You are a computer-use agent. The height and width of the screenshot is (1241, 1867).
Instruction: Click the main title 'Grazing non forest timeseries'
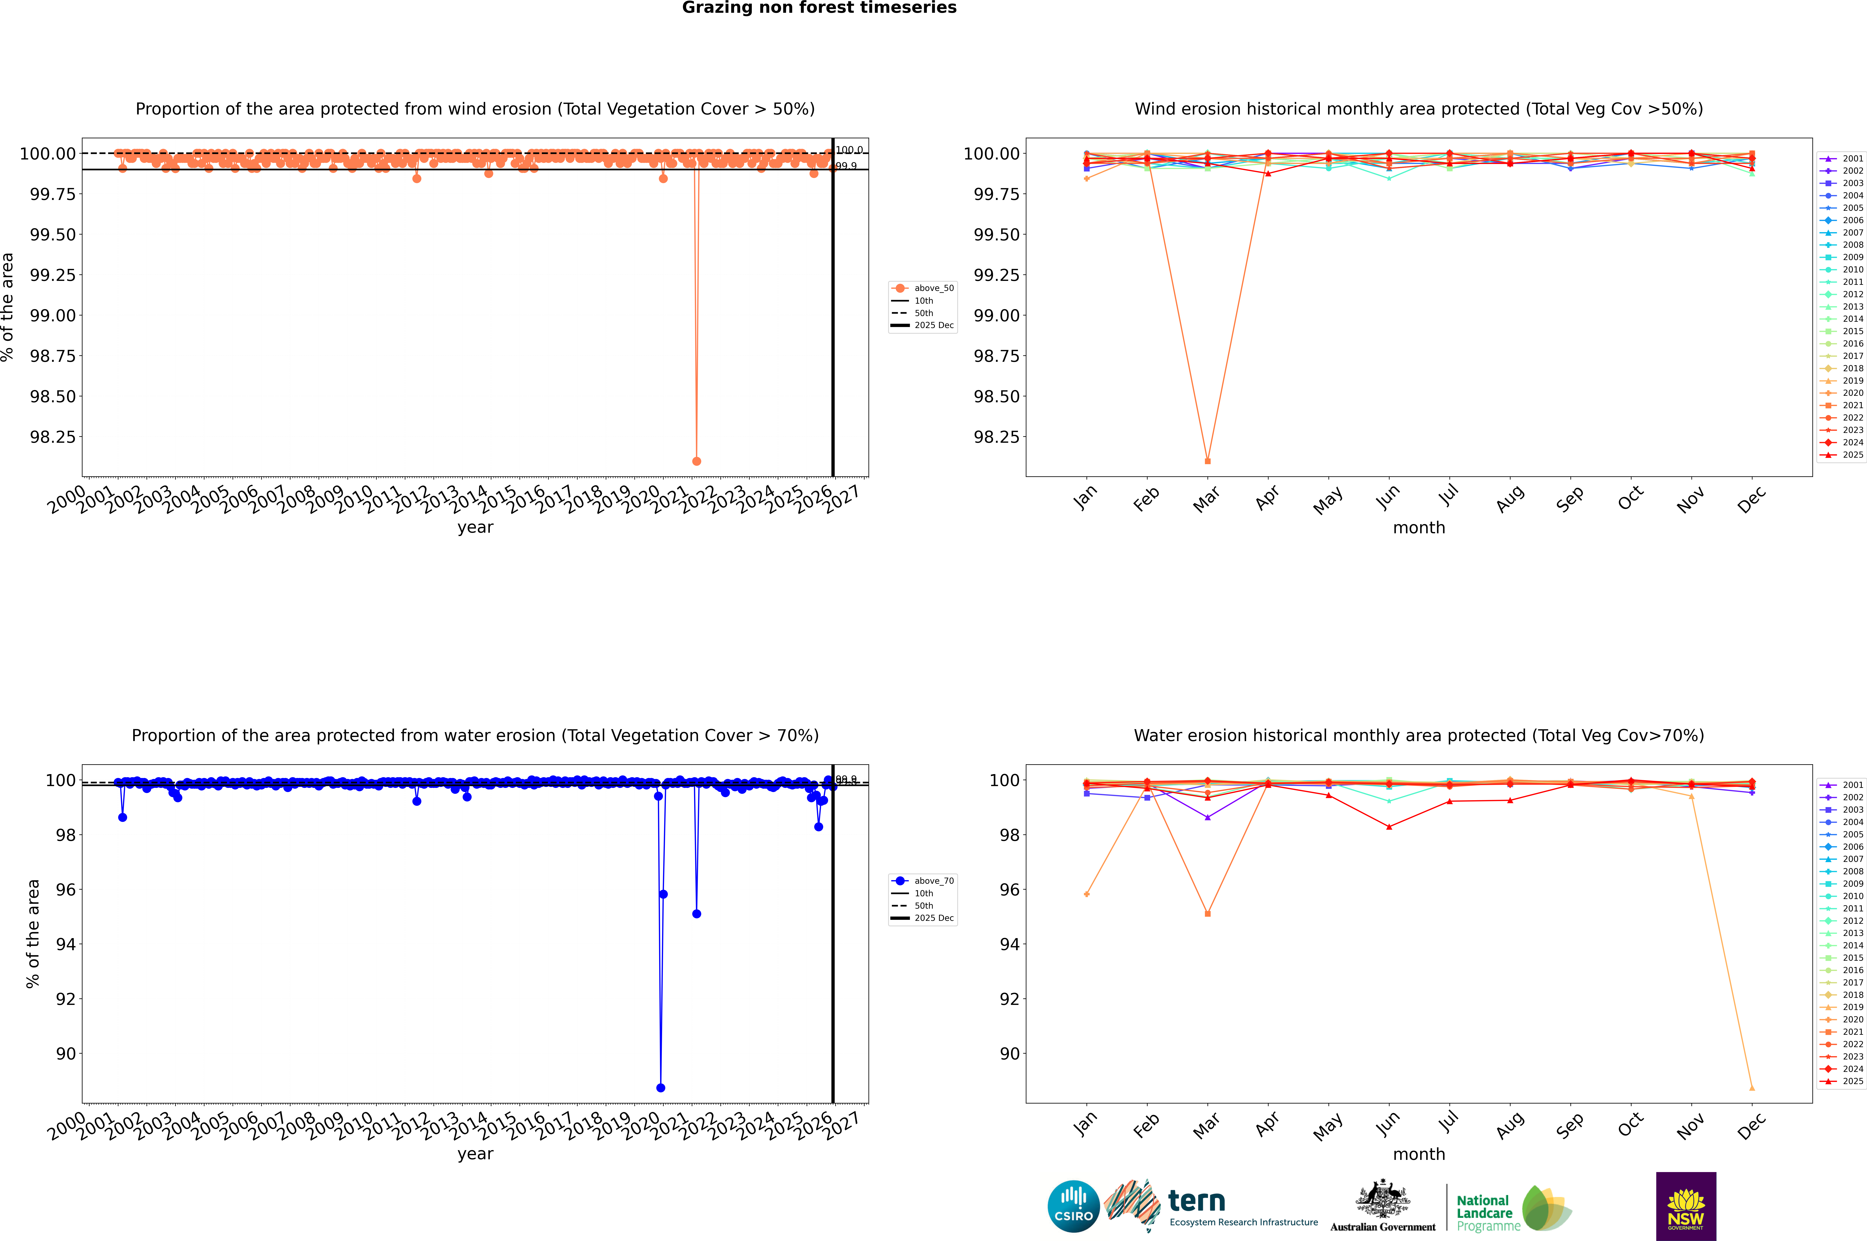click(819, 8)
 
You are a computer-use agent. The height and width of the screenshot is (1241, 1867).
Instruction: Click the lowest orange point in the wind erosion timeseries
click(696, 461)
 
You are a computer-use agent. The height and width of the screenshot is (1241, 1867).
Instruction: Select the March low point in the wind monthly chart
click(1207, 461)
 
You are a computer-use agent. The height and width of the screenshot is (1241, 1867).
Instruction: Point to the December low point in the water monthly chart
click(1752, 1087)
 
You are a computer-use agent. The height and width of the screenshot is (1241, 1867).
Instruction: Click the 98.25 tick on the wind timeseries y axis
click(53, 437)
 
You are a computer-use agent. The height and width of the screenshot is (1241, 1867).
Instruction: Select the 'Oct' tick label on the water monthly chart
click(1630, 1125)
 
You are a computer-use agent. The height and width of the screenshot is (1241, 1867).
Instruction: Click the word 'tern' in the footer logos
click(1197, 1202)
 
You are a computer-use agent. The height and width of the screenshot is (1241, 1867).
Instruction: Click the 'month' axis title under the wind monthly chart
click(1419, 528)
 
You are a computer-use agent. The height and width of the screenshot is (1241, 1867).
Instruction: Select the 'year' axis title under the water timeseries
click(475, 1154)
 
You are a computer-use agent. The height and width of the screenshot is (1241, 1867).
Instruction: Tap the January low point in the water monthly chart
click(1087, 894)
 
